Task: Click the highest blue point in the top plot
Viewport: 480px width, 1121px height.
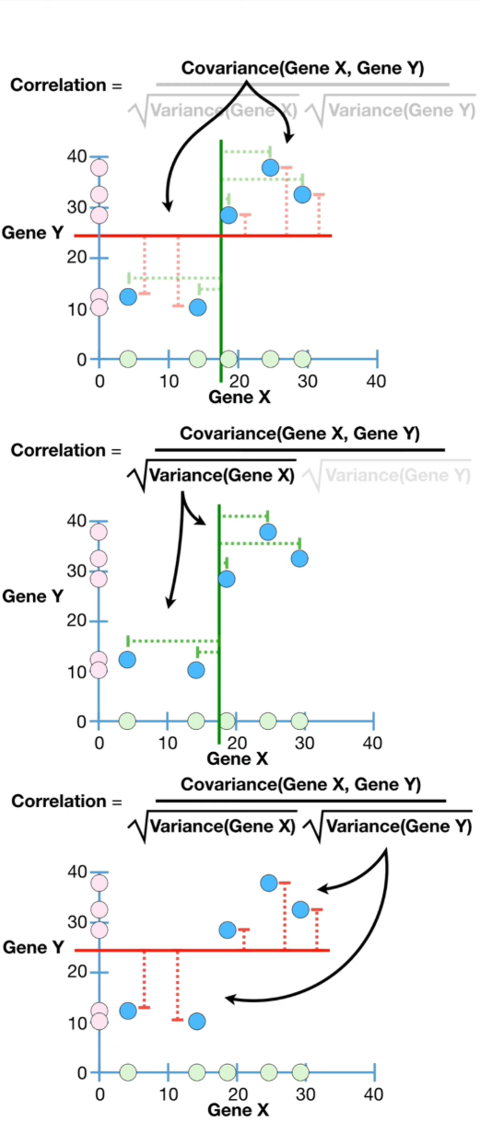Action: point(270,168)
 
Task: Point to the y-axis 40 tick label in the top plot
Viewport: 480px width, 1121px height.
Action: point(77,156)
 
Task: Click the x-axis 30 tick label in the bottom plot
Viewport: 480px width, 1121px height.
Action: point(304,1095)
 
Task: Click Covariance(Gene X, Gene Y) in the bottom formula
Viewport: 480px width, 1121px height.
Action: point(300,785)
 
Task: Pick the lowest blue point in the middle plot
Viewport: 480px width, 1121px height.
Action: point(196,670)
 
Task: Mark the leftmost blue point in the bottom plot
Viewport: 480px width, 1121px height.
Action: point(128,1011)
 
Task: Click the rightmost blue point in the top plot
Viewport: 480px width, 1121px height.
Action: point(302,195)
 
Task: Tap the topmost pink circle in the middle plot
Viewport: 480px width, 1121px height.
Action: point(99,532)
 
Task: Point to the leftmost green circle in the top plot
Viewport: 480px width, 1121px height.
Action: point(128,359)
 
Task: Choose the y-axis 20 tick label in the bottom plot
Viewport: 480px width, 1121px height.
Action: point(77,972)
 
